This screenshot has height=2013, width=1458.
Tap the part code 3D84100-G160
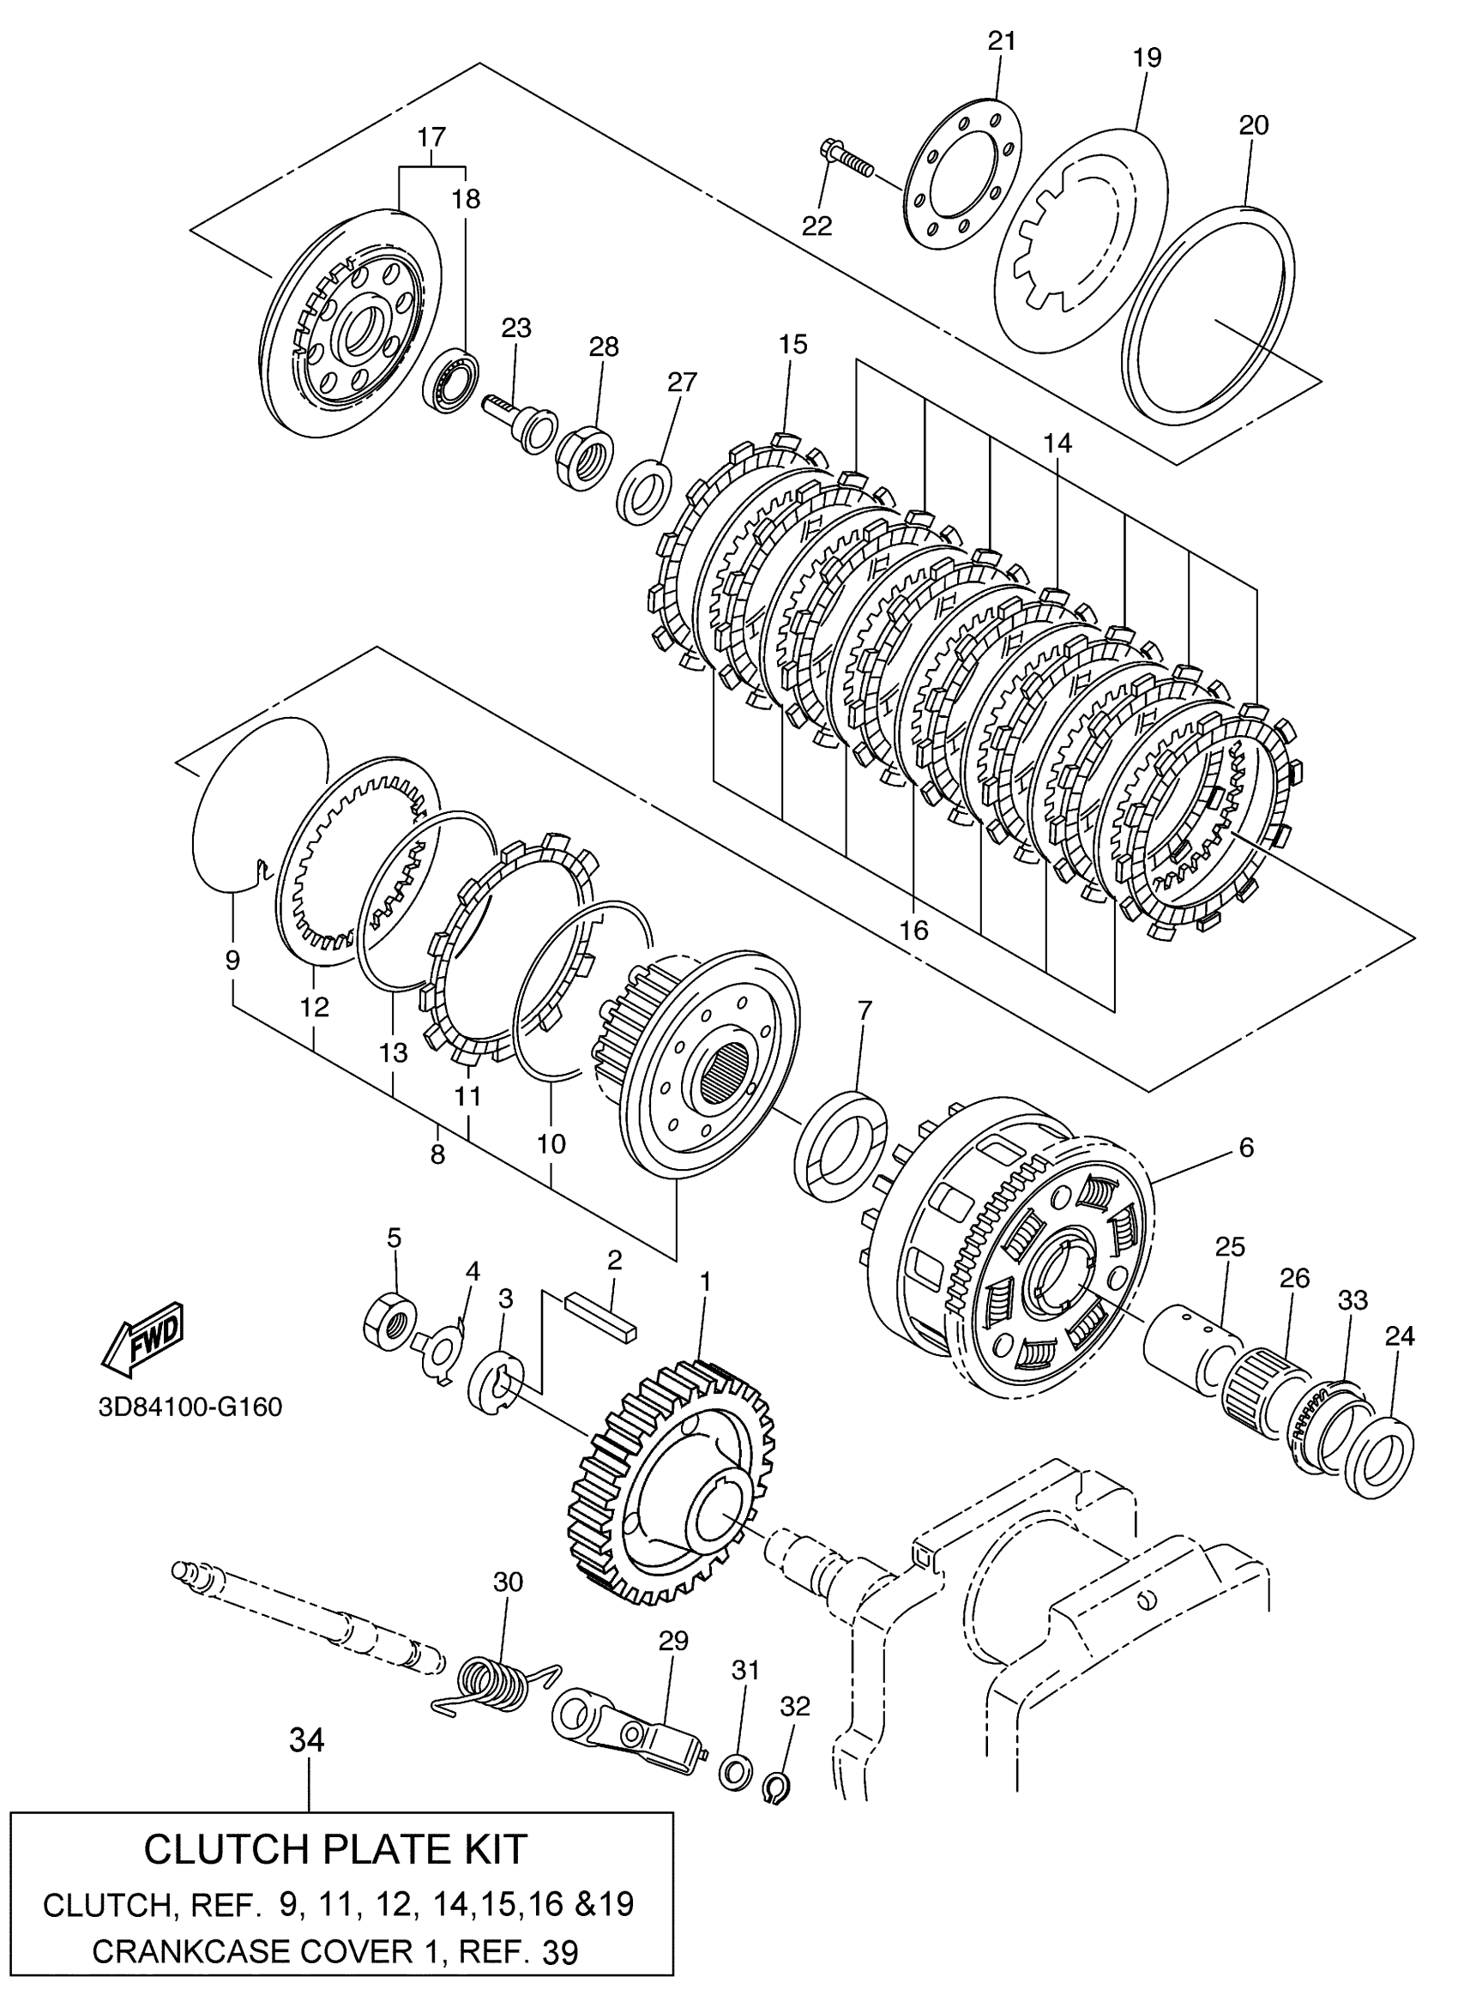click(190, 1407)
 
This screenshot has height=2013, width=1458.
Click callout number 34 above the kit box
click(307, 1740)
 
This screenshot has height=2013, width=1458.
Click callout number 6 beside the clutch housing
click(1246, 1148)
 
